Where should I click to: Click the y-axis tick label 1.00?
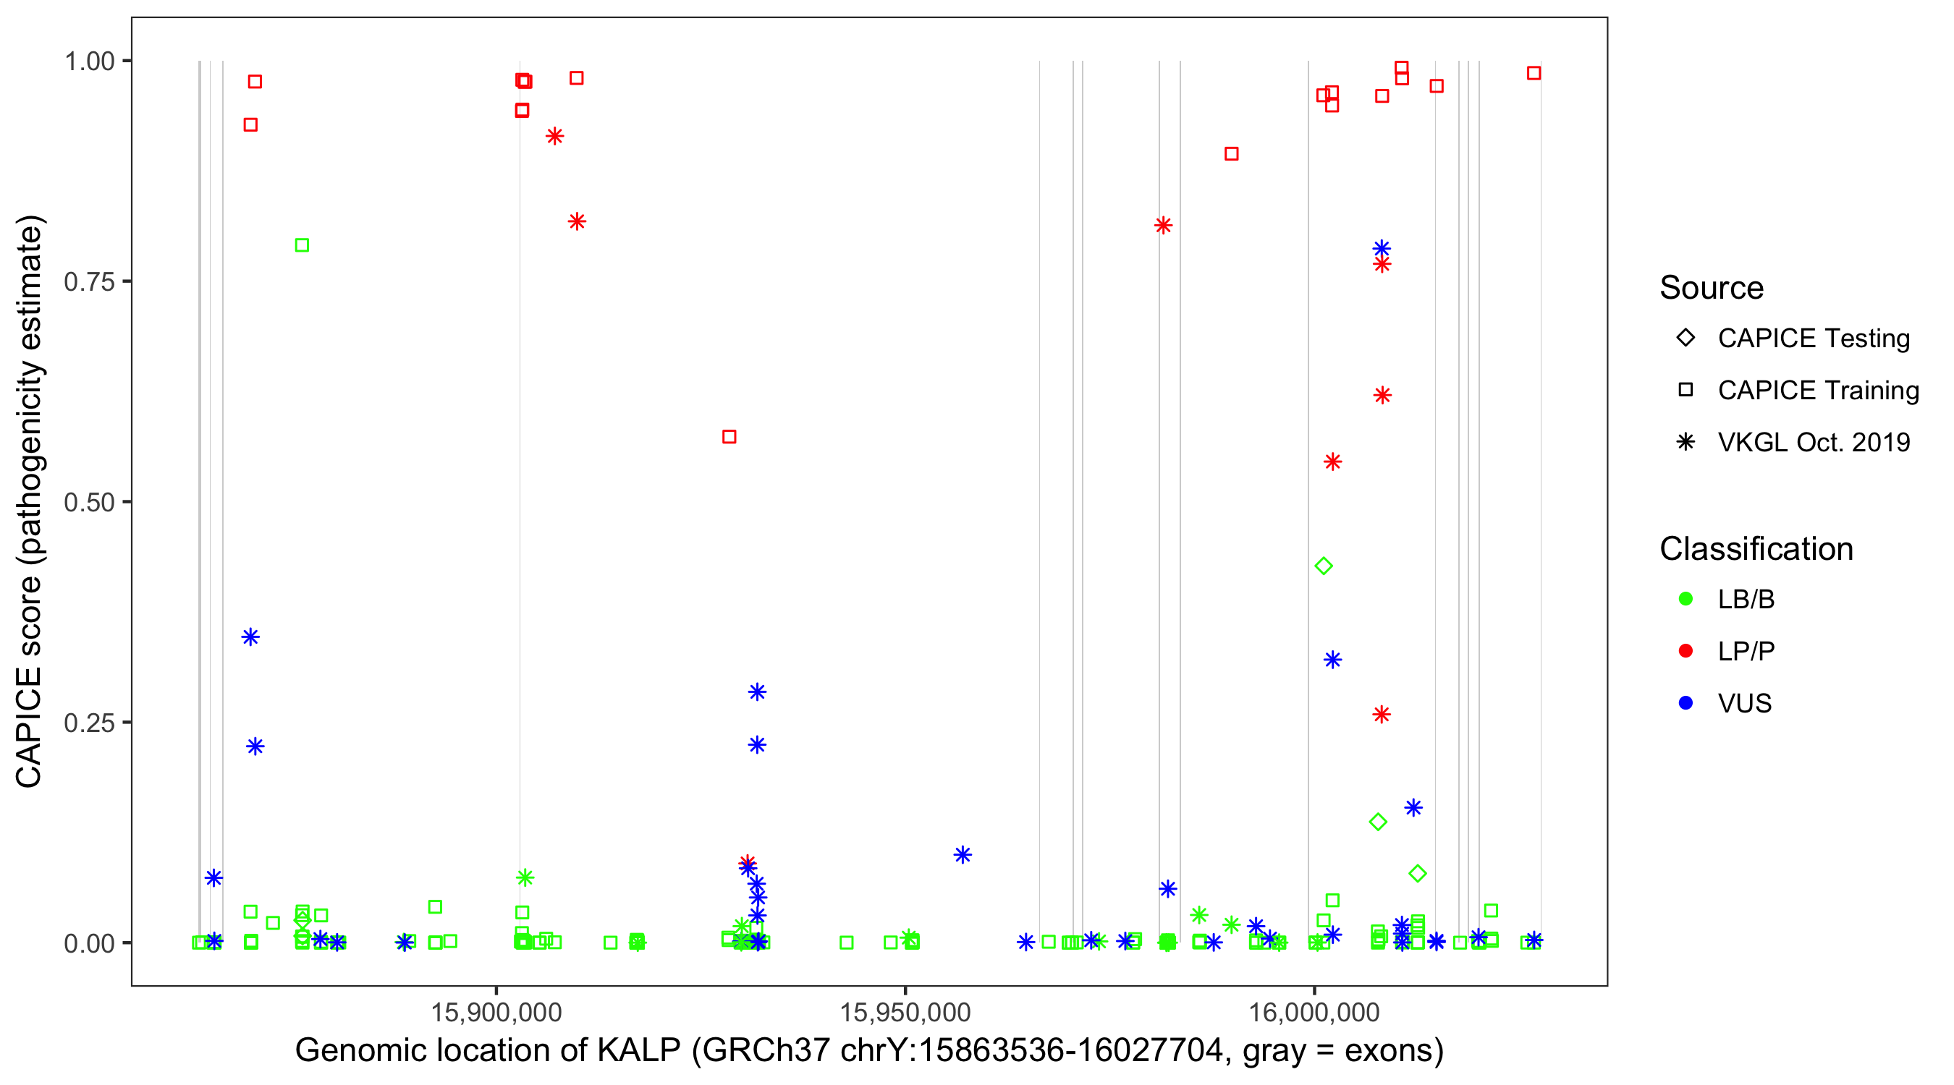[89, 61]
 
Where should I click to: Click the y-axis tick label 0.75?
[89, 282]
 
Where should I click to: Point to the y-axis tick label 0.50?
[89, 502]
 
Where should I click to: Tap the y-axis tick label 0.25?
[89, 723]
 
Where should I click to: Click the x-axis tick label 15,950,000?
[905, 1012]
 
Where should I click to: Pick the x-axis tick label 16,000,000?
[1314, 1012]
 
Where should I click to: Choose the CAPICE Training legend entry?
[1817, 391]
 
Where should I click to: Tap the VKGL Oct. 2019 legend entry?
[1813, 443]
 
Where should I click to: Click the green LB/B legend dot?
[1686, 600]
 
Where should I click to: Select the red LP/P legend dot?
[1686, 651]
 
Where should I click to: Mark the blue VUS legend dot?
[1686, 704]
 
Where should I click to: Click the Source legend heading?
[1712, 288]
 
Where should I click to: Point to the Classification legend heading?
[1756, 549]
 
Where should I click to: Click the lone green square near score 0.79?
[302, 245]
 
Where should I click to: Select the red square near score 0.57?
[729, 437]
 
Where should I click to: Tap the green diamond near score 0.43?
[1324, 566]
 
